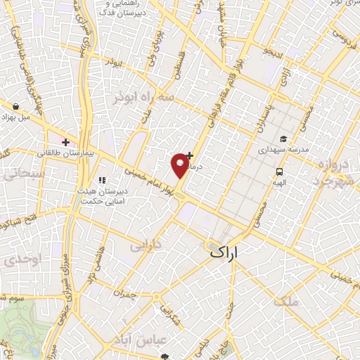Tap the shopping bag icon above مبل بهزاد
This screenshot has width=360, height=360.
coord(15,107)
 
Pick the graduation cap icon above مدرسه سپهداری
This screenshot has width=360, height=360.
coord(282,139)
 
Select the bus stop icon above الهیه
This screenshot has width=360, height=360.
coord(280,171)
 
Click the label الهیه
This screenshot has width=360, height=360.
coord(280,181)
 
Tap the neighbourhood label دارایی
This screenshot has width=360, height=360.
coord(146,246)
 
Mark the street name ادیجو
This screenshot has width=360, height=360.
coord(271,52)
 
